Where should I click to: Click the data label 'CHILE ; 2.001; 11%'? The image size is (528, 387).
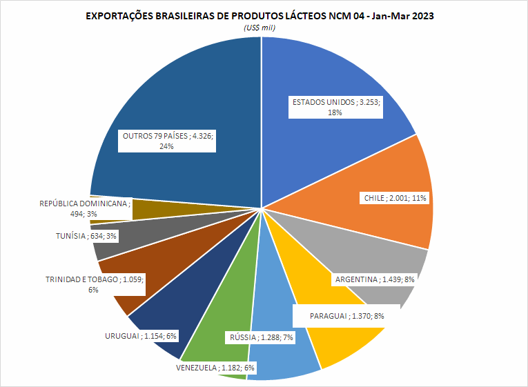(x=395, y=198)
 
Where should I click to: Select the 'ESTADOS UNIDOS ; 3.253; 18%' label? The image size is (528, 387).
(x=336, y=107)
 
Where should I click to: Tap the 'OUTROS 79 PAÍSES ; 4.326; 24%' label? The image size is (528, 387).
(x=168, y=141)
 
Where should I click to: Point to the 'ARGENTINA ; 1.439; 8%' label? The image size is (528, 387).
(x=374, y=279)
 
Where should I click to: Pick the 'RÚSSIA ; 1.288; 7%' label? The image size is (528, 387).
(x=260, y=337)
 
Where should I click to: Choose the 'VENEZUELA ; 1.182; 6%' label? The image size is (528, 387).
(x=215, y=368)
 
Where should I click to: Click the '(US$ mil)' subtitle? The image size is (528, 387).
(x=260, y=27)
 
